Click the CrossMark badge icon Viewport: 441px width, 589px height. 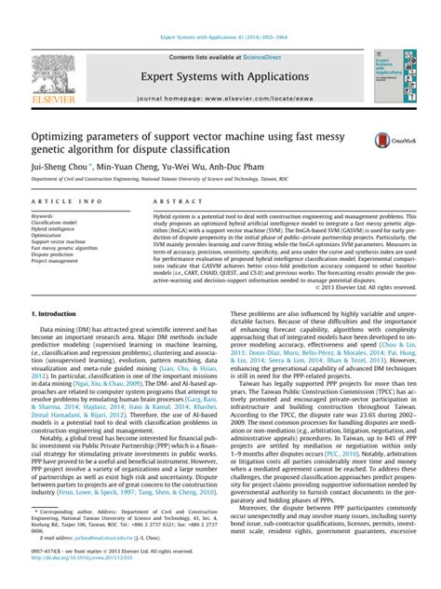(x=384, y=140)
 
